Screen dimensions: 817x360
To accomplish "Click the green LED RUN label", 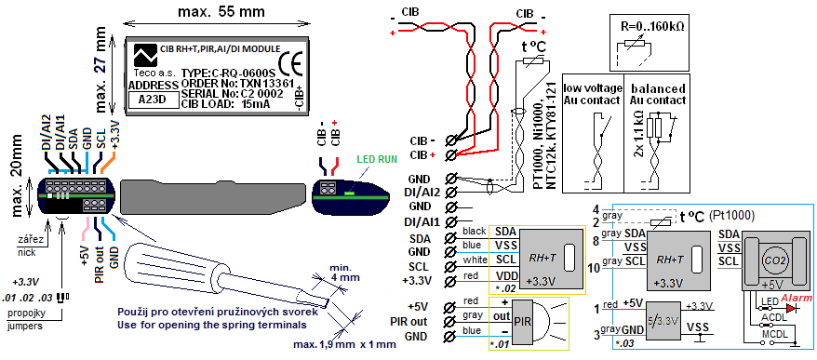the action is point(376,160).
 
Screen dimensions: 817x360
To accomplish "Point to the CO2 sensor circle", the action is point(773,260).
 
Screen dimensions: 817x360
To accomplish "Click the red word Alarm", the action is point(794,298).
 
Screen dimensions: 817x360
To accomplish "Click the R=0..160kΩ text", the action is point(654,25).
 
